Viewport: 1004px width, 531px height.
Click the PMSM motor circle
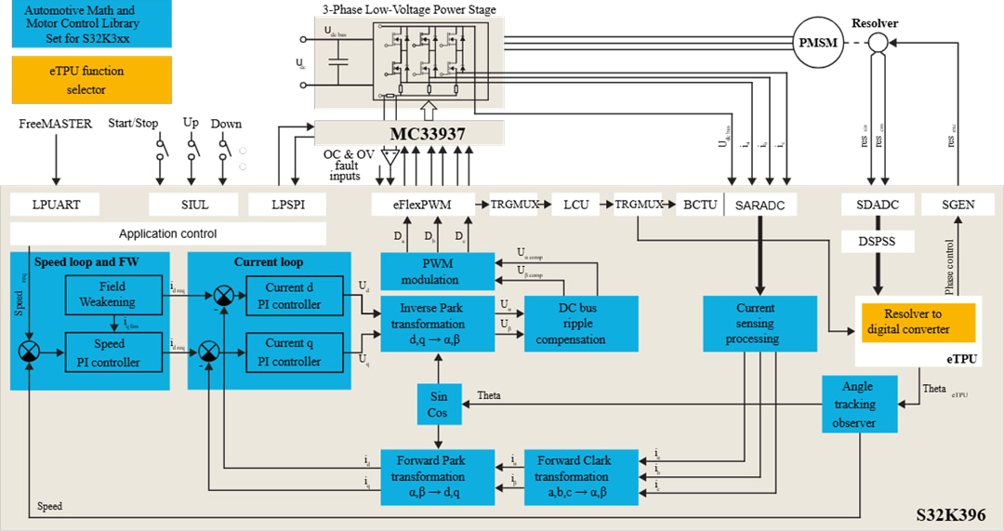pyautogui.click(x=817, y=43)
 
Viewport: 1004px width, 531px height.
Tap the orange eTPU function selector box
pyautogui.click(x=92, y=80)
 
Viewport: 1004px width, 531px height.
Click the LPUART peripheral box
pyautogui.click(x=55, y=205)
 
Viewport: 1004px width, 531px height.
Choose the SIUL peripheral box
pyautogui.click(x=191, y=205)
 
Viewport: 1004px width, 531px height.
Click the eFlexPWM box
pyautogui.click(x=423, y=205)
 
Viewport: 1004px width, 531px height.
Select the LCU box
pyautogui.click(x=576, y=205)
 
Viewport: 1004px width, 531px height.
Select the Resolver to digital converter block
pyautogui.click(x=918, y=322)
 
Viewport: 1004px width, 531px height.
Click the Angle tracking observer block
pyautogui.click(x=860, y=405)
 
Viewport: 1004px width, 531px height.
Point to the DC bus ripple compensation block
pyautogui.click(x=581, y=324)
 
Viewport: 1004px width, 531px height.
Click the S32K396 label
pyautogui.click(x=950, y=514)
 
